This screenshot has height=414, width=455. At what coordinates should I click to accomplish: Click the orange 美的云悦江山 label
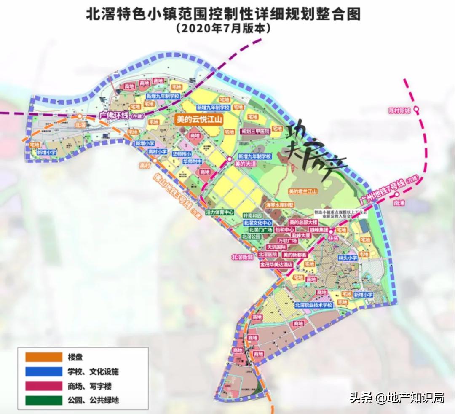coord(199,120)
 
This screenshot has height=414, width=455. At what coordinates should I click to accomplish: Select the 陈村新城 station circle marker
coord(416,110)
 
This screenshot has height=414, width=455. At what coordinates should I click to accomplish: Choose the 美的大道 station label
coord(246,163)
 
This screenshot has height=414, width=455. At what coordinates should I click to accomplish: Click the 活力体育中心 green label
coord(219,212)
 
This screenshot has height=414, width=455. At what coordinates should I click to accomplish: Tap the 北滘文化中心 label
coord(257,222)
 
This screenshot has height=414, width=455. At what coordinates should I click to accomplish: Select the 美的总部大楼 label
coord(303,222)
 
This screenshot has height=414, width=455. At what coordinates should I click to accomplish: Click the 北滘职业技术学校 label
coord(314,305)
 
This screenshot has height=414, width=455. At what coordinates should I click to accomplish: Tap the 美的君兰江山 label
coord(302,191)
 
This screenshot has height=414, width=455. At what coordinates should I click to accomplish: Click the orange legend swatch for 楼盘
coord(42,357)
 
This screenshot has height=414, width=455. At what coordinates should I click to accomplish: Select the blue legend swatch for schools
coord(42,371)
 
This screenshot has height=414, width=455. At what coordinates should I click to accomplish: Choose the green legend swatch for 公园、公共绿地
coord(42,400)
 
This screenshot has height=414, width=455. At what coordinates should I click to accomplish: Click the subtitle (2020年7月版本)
coord(223,29)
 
